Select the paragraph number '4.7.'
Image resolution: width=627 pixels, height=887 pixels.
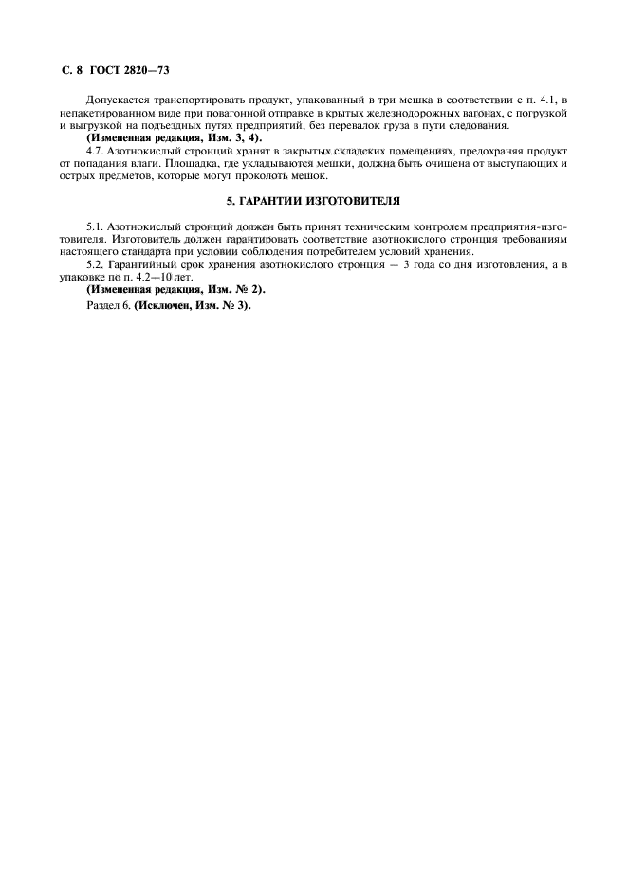(95, 151)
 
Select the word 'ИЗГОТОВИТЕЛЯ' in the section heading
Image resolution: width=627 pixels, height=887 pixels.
(356, 202)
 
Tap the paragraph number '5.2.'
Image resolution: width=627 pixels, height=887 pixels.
(95, 264)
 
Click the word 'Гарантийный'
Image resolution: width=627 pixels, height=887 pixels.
(146, 264)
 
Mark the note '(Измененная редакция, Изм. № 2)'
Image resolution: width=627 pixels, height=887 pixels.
(176, 289)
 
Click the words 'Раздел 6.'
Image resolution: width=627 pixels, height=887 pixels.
(108, 305)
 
